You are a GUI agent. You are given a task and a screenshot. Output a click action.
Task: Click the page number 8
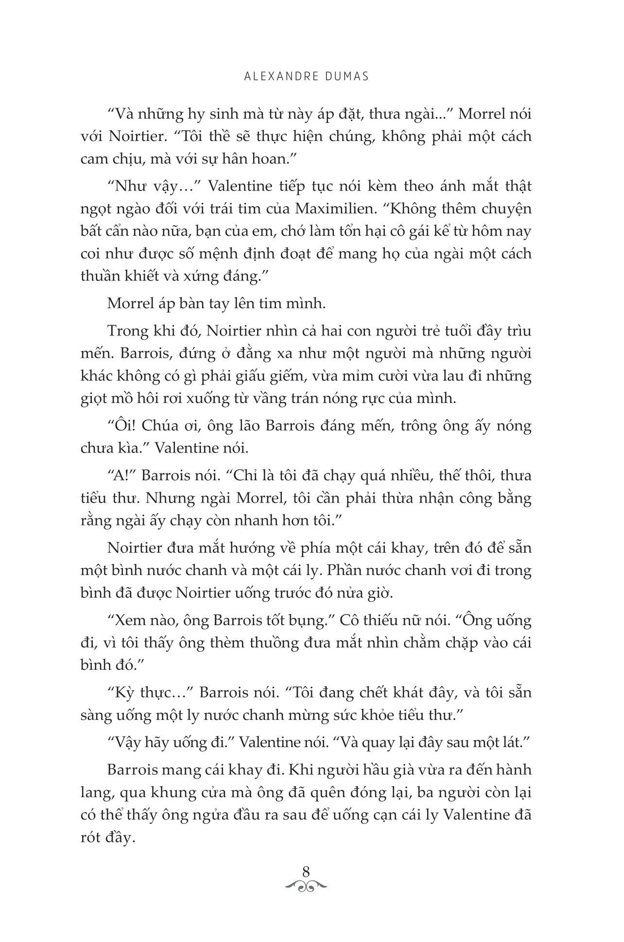tap(306, 871)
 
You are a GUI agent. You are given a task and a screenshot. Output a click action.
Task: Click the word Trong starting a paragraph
tap(127, 331)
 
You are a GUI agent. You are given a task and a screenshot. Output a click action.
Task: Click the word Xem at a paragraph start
tap(126, 620)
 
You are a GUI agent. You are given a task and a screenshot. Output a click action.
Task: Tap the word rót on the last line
tap(91, 838)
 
